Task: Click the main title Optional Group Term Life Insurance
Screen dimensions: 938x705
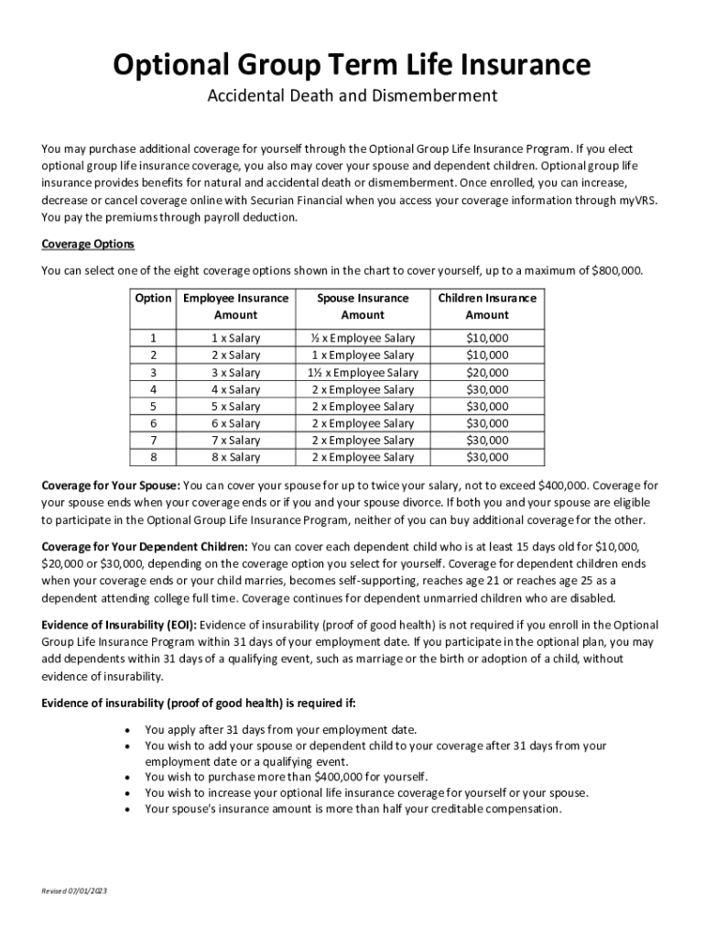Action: (x=352, y=65)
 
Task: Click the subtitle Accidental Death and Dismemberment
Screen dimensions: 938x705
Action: (x=352, y=96)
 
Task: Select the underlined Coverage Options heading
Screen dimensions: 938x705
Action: (x=88, y=244)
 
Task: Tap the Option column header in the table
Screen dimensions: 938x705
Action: (x=153, y=298)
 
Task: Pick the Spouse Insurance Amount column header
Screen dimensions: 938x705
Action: (x=363, y=306)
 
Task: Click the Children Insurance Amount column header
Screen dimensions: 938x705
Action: (x=487, y=306)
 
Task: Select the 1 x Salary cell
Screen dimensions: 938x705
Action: (x=236, y=338)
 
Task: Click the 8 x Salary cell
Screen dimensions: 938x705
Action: (x=236, y=457)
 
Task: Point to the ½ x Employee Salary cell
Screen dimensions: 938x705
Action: (x=363, y=338)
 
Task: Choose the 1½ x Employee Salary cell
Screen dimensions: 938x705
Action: (x=363, y=373)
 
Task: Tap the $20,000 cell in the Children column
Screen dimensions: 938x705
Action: (x=487, y=373)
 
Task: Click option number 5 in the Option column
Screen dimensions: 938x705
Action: (x=153, y=407)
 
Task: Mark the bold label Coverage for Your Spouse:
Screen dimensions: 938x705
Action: (x=112, y=485)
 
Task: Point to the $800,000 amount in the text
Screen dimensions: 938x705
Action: (x=617, y=270)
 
